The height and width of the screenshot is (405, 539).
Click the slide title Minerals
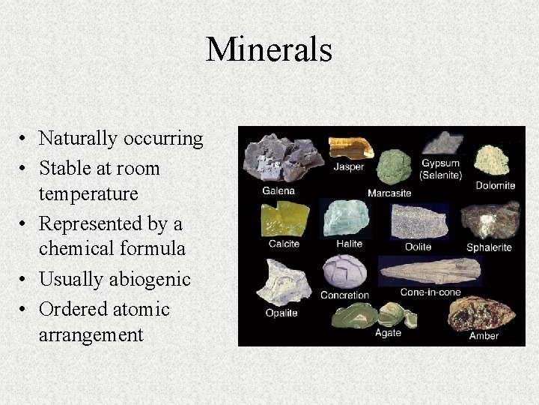pyautogui.click(x=269, y=50)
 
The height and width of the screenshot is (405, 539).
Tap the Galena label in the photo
pyautogui.click(x=278, y=190)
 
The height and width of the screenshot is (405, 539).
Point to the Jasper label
pyautogui.click(x=349, y=166)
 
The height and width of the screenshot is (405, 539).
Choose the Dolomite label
pyautogui.click(x=496, y=185)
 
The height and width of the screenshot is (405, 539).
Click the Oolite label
pyautogui.click(x=418, y=247)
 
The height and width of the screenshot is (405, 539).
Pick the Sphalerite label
pyautogui.click(x=489, y=247)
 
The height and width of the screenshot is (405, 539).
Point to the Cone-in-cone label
pyautogui.click(x=430, y=292)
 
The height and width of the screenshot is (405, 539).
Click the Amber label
pyautogui.click(x=484, y=335)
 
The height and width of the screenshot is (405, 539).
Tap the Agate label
pyautogui.click(x=389, y=333)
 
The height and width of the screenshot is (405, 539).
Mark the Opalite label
pyautogui.click(x=281, y=313)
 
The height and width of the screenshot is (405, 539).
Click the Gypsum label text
pyautogui.click(x=440, y=163)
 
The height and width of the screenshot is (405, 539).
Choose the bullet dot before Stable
pyautogui.click(x=25, y=169)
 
